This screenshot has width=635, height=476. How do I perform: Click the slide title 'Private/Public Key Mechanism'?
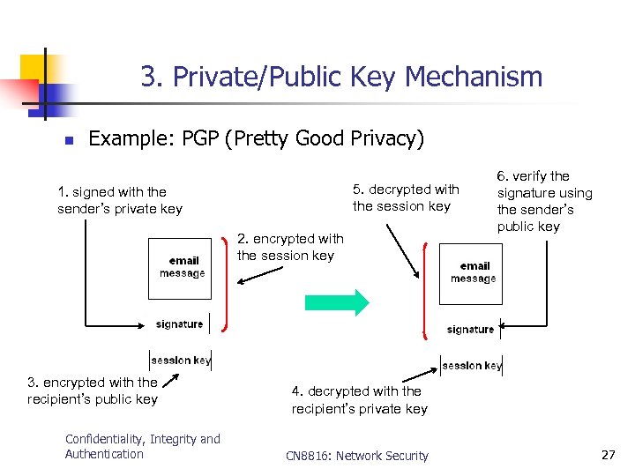pos(341,77)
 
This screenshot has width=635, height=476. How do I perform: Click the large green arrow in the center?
pos(337,302)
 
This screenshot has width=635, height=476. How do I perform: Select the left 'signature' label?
pos(179,324)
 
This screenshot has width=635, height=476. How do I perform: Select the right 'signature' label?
pos(470,329)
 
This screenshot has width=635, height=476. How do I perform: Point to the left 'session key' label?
pos(181,360)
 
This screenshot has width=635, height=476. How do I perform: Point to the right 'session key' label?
pos(472,365)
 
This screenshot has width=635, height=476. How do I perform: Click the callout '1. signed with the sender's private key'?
pos(120,200)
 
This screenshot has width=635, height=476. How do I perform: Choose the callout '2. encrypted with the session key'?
pos(289,247)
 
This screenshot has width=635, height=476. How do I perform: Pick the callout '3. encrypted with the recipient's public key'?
pos(92,390)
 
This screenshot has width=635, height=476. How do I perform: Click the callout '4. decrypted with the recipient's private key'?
pos(359,399)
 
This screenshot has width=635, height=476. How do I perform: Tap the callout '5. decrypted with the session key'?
pos(406,197)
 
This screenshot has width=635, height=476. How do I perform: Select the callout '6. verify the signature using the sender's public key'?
pos(544,201)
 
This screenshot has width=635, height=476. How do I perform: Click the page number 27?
pos(608,455)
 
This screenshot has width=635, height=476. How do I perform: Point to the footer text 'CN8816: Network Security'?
pos(357,456)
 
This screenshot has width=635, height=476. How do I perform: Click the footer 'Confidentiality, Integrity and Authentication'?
pos(142,446)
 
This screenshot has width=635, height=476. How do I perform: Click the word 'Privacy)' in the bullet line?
pos(384,138)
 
